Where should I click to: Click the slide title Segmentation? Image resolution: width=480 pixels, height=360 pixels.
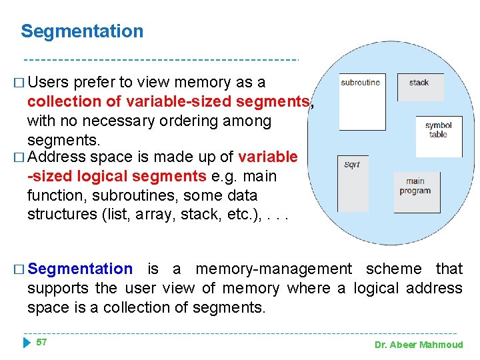click(82, 31)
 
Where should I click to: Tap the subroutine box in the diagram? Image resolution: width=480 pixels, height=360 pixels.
click(363, 101)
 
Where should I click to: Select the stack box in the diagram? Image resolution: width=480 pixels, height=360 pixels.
click(421, 87)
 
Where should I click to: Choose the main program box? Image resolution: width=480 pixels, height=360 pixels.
click(415, 192)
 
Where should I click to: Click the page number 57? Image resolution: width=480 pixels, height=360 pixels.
click(41, 342)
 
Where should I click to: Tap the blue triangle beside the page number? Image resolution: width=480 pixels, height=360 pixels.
click(26, 343)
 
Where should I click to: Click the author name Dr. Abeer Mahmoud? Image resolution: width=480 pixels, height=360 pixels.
click(418, 345)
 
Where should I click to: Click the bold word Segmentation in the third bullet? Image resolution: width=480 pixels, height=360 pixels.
click(81, 269)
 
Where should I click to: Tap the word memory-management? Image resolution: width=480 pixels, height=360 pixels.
click(273, 269)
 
